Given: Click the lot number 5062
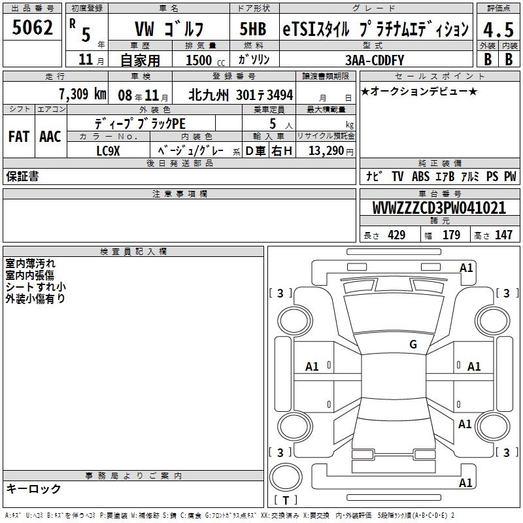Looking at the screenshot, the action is tap(32, 27).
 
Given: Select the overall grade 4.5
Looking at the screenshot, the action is tap(498, 29).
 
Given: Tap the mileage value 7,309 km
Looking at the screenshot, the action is tap(82, 93).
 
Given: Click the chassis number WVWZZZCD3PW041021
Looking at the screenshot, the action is tap(439, 207).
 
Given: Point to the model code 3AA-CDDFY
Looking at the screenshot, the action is tap(375, 60).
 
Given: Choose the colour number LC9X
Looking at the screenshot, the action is tap(108, 151).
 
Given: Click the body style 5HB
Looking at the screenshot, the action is tap(253, 29).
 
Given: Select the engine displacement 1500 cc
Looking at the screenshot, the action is tap(205, 60).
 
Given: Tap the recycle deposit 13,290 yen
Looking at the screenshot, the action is tap(331, 151).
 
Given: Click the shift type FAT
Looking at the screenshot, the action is tap(19, 137).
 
